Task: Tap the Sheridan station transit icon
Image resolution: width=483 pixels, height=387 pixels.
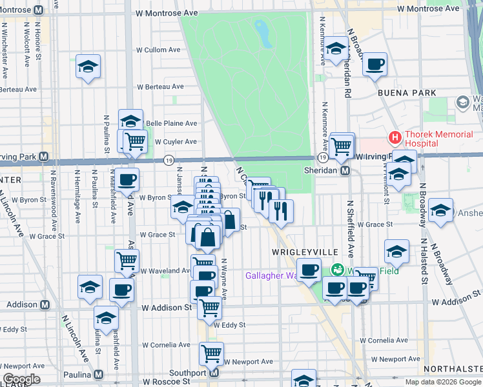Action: (x=345, y=171)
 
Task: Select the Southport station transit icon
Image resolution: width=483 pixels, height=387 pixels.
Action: (x=214, y=373)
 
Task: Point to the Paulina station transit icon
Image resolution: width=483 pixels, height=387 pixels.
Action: (x=99, y=374)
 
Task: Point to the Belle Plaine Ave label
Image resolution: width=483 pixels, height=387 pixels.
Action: (x=172, y=123)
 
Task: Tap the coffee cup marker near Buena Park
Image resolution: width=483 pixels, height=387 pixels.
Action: (x=375, y=64)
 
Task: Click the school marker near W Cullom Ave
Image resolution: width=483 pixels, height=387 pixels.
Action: (x=88, y=66)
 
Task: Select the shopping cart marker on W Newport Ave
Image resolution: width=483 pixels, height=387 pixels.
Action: (x=211, y=353)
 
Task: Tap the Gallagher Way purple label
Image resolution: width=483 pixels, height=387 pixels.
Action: (x=271, y=275)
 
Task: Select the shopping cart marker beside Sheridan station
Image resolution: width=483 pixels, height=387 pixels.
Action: (x=342, y=146)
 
